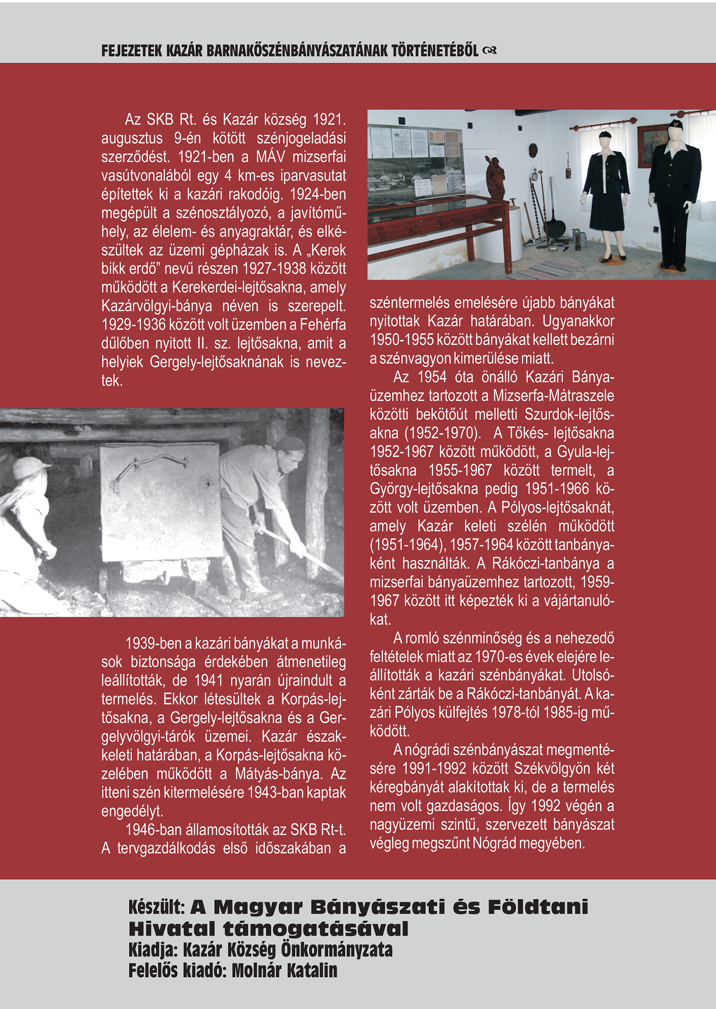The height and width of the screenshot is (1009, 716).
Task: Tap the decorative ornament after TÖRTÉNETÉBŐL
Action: (490, 51)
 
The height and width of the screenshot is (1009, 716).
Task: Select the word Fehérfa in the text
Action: (323, 325)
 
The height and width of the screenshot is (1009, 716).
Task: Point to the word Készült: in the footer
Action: (156, 907)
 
